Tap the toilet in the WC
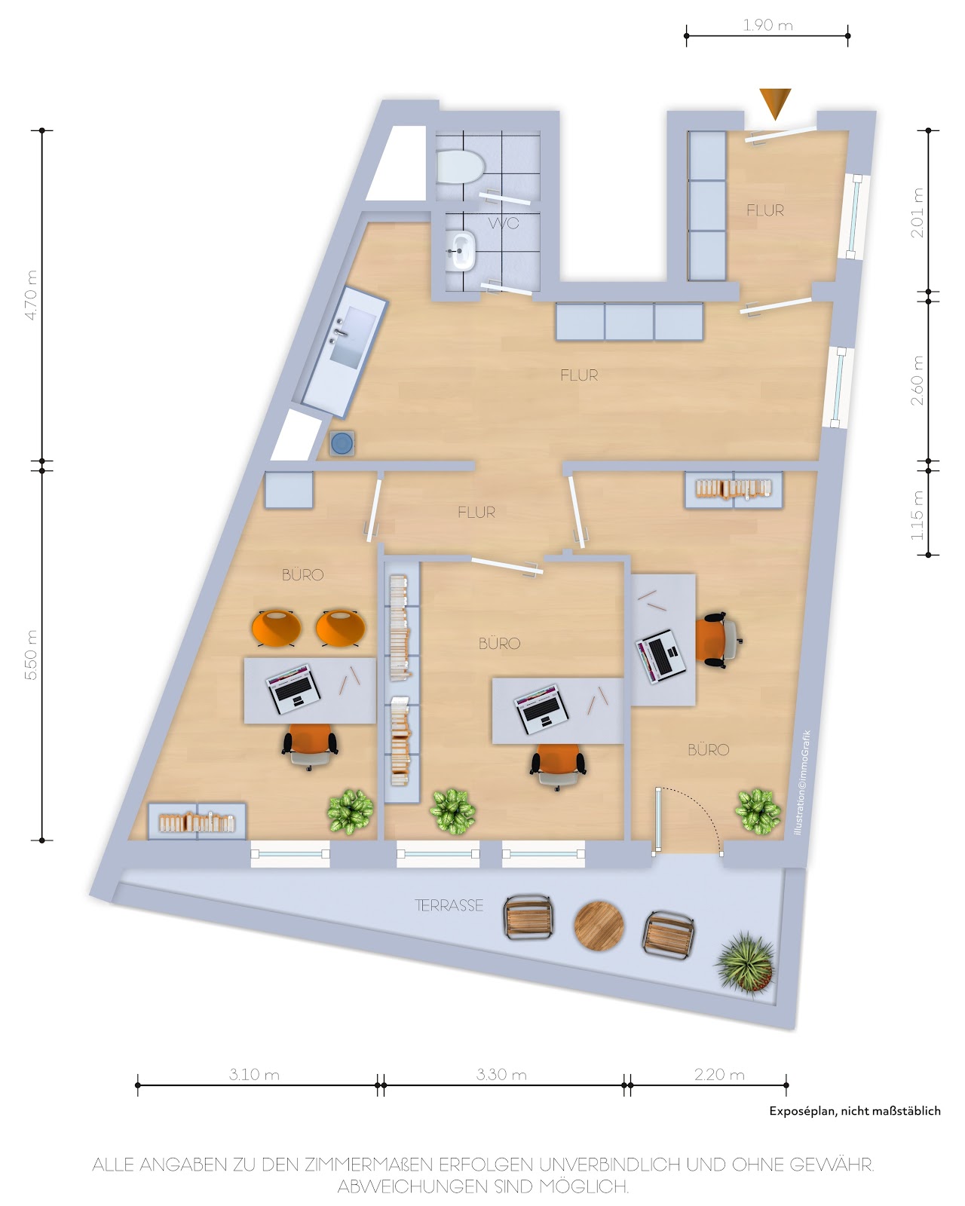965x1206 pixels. [x=460, y=167]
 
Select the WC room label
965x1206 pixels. [x=504, y=223]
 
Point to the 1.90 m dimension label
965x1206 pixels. [x=767, y=25]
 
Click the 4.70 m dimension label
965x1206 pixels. [x=32, y=295]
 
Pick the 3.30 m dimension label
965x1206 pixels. [x=501, y=1074]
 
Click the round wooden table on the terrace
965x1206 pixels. [x=599, y=926]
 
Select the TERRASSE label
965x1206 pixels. [x=449, y=905]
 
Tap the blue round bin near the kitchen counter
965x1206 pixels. [x=342, y=442]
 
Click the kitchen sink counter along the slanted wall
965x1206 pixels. [x=345, y=352]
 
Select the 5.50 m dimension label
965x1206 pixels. [x=32, y=654]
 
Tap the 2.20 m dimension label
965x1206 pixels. [x=719, y=1074]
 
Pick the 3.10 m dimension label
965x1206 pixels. [x=254, y=1074]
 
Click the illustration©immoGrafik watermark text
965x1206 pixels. [x=802, y=783]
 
